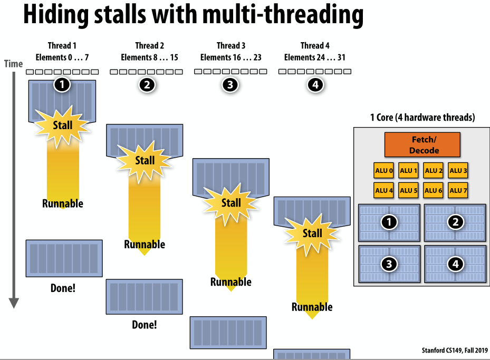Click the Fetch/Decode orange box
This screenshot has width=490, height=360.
click(x=422, y=145)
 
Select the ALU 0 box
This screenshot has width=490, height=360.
click(x=383, y=171)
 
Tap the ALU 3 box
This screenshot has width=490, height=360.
click(x=458, y=171)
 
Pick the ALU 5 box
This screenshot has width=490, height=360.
click(x=408, y=190)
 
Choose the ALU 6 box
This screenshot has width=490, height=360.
click(x=433, y=190)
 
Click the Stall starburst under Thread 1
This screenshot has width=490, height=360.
click(x=62, y=126)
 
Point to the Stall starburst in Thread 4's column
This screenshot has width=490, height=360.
click(x=312, y=233)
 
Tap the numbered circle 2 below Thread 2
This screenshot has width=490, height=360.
click(x=147, y=85)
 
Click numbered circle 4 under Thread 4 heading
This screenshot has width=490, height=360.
click(x=315, y=85)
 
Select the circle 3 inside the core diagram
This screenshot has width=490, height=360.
click(x=389, y=264)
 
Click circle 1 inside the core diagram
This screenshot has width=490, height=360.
click(x=389, y=222)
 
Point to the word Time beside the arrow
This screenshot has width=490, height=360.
click(x=14, y=64)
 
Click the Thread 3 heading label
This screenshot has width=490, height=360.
click(x=231, y=46)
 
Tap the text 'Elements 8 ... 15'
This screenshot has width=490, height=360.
click(x=150, y=57)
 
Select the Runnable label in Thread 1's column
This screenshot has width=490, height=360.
click(x=63, y=203)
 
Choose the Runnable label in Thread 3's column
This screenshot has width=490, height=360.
click(x=231, y=282)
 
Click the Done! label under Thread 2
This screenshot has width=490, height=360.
click(x=145, y=325)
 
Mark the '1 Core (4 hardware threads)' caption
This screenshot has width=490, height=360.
click(x=422, y=118)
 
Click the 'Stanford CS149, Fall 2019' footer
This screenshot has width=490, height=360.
click(x=455, y=350)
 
